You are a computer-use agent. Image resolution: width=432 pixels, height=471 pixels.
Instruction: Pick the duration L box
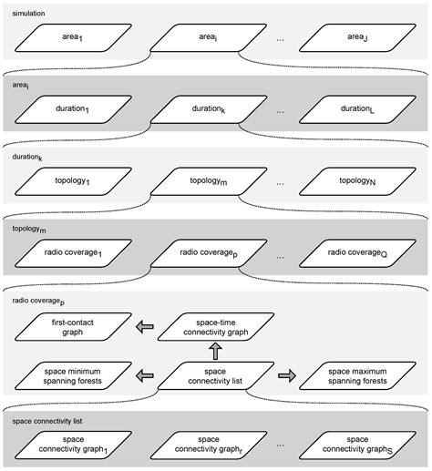(355, 108)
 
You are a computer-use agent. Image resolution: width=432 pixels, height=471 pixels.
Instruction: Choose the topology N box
(355, 181)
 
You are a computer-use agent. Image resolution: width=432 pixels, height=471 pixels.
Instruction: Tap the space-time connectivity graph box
(216, 327)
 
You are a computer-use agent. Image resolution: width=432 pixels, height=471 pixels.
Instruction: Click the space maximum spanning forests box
(355, 375)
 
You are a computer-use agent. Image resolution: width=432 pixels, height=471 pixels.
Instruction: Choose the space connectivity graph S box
(355, 445)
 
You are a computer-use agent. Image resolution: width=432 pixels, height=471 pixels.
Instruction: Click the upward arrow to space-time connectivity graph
(216, 351)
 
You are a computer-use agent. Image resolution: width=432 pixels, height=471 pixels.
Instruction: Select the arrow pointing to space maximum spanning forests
(285, 374)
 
